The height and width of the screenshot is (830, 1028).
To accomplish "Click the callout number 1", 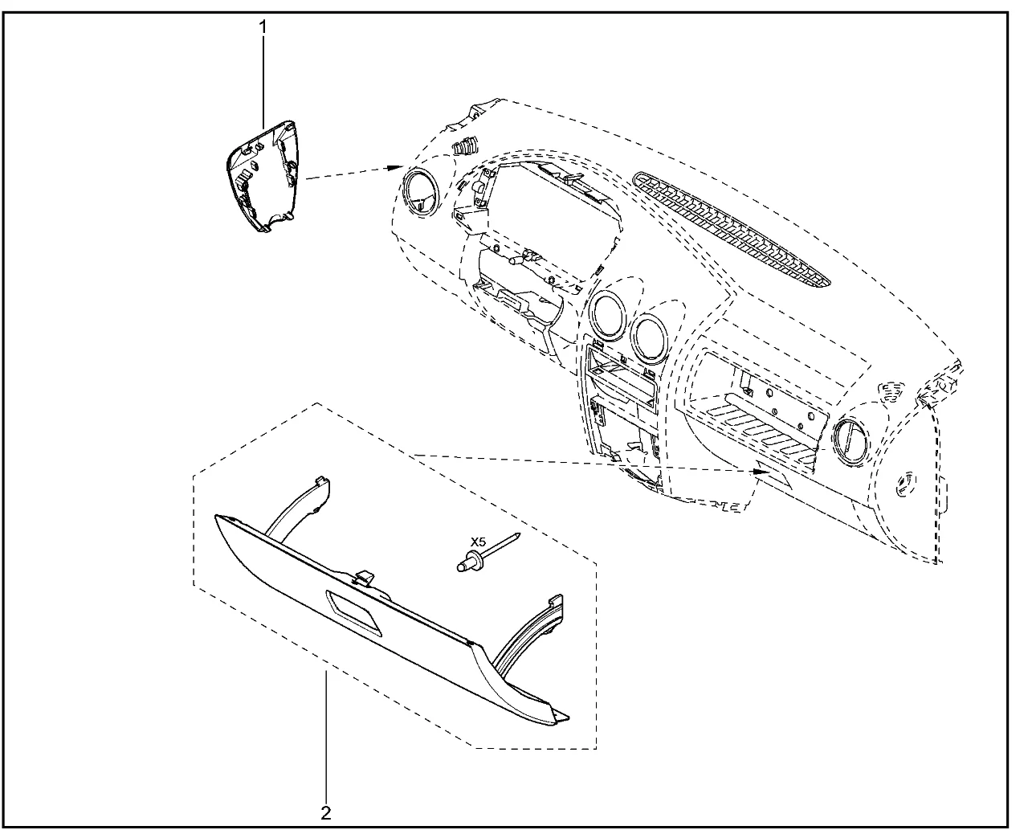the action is pos(263,27).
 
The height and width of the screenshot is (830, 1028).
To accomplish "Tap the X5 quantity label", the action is pos(478,542).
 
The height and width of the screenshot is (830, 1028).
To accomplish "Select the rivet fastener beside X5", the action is pos(487,552).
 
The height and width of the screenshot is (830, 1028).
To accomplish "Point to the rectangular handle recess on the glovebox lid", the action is pos(353,612).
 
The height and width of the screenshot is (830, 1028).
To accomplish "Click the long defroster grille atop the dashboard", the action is pos(731,231).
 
